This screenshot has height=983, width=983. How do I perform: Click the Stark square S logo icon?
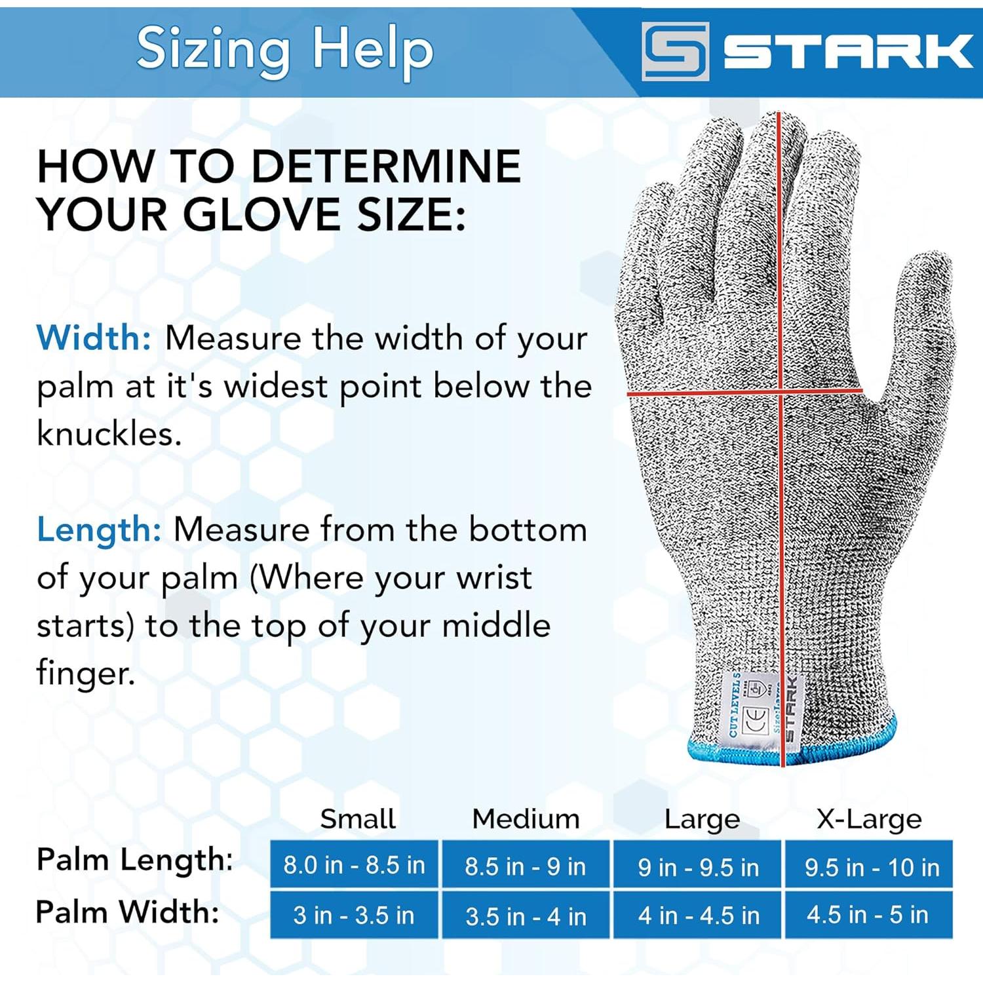(x=675, y=51)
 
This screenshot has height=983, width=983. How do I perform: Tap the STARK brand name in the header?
(x=847, y=51)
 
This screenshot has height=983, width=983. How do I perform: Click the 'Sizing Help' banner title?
(x=284, y=50)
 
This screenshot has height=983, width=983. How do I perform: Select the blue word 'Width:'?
(x=94, y=338)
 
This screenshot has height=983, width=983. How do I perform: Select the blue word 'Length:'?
(x=99, y=530)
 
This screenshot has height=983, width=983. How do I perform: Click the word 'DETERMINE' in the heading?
(x=386, y=166)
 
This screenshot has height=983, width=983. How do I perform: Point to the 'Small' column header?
(x=358, y=819)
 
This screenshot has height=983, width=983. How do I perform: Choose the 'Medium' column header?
(x=526, y=819)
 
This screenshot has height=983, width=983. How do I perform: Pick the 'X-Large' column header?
(x=869, y=819)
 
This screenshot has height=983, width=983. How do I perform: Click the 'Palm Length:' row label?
(x=135, y=860)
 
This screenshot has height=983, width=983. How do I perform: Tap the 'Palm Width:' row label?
(x=128, y=912)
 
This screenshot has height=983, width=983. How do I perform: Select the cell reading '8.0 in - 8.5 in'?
(x=354, y=865)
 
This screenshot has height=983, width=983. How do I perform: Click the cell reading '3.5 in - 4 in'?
(x=526, y=916)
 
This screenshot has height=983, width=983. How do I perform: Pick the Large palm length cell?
(x=698, y=866)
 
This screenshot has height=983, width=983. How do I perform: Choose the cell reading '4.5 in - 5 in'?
(x=868, y=915)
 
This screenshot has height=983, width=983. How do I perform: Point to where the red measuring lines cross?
(x=781, y=393)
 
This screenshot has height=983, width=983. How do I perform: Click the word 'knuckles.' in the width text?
(x=109, y=434)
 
